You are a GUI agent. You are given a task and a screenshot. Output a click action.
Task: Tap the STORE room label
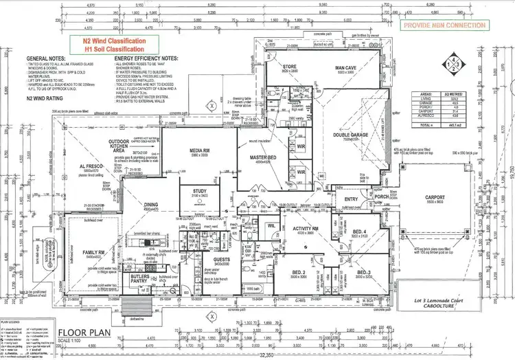289,67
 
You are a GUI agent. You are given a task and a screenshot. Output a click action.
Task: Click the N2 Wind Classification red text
115,42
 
